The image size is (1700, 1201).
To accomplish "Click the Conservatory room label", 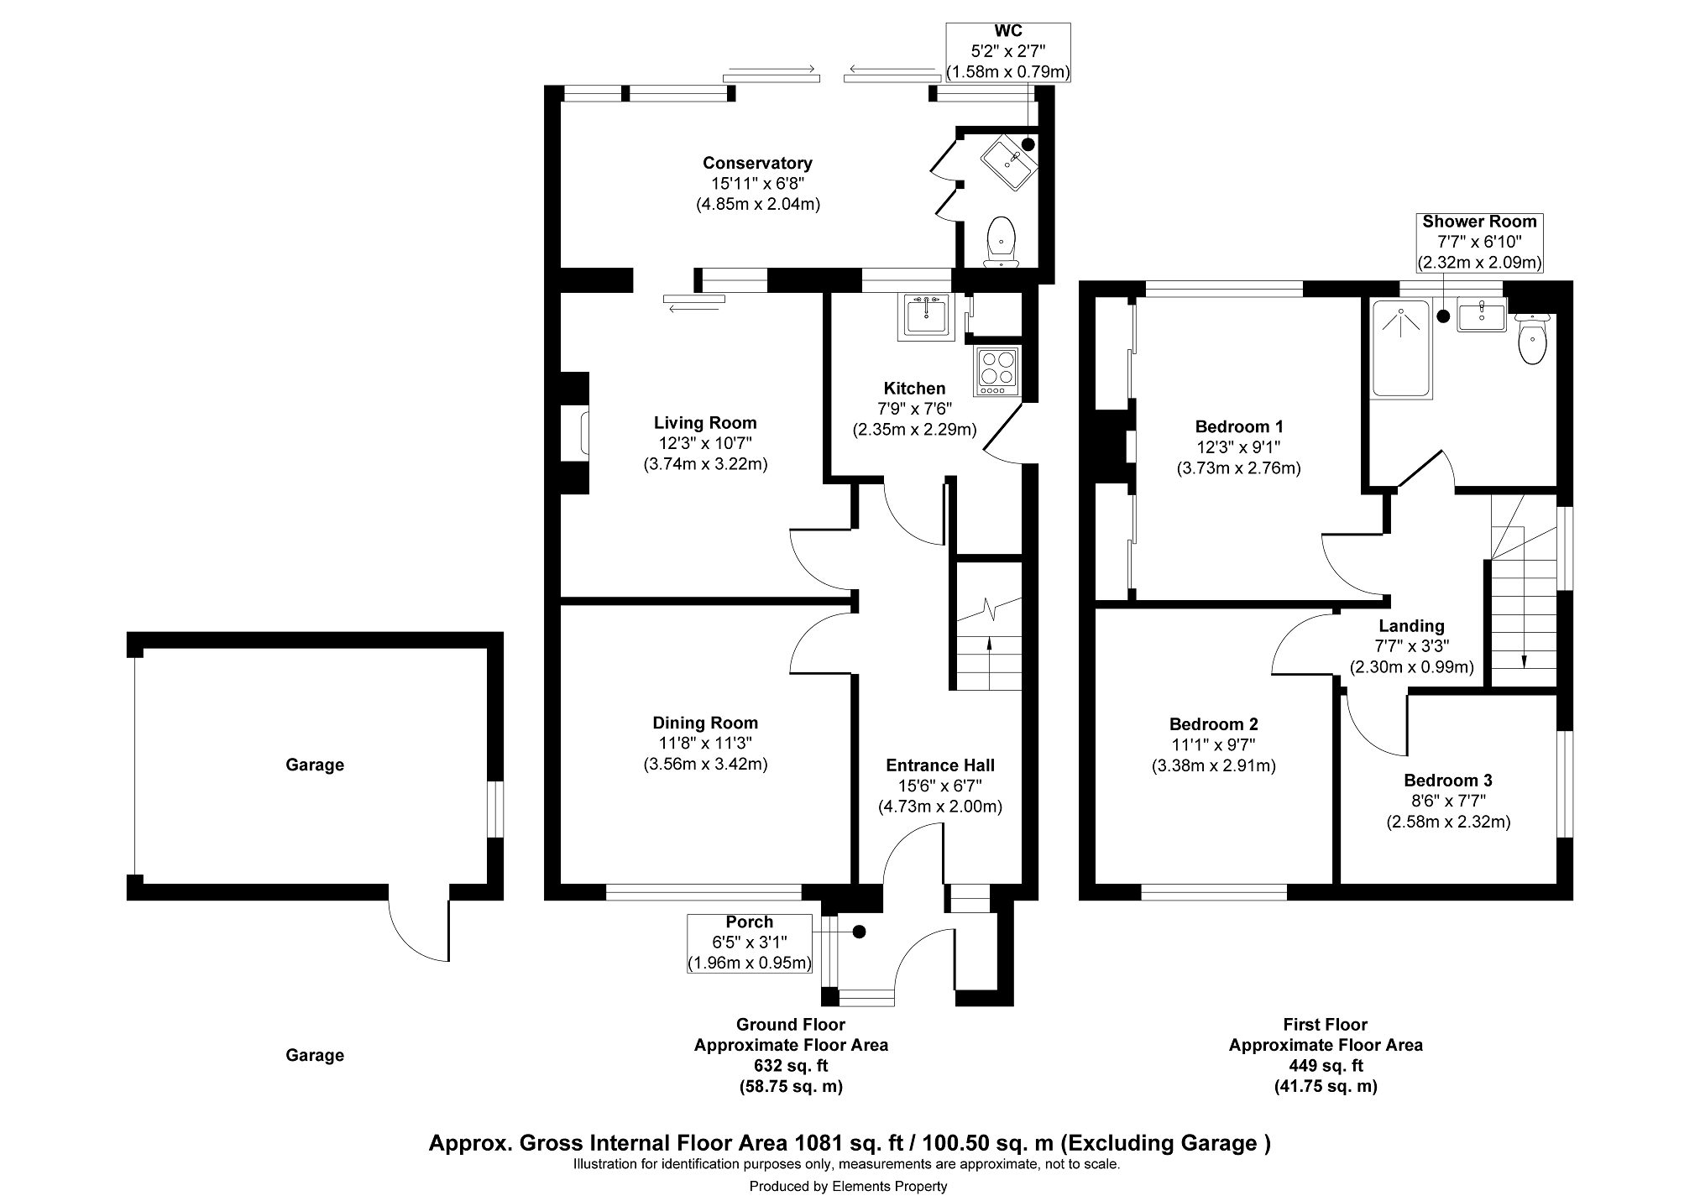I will [757, 163].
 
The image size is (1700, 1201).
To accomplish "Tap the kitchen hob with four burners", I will [997, 370].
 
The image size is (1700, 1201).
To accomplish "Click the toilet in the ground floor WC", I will [1001, 239].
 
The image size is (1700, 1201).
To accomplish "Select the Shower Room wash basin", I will [1483, 317].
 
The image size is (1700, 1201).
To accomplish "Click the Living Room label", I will [705, 423].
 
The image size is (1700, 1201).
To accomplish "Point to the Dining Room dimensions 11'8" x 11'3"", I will [705, 743].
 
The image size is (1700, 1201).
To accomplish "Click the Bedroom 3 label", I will [1448, 781].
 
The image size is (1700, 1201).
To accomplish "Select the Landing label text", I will [1411, 626].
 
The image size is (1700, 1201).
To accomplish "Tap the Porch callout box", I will [750, 943].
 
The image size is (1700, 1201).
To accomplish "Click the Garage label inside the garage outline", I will [315, 765].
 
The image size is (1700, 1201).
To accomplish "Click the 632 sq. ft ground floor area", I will [791, 1066].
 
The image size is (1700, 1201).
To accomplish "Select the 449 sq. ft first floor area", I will [1326, 1066].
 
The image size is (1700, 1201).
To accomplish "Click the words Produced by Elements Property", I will [848, 1186].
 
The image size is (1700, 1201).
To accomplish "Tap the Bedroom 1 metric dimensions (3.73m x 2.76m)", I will [1238, 468].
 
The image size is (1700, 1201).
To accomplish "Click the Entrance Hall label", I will [940, 765].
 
